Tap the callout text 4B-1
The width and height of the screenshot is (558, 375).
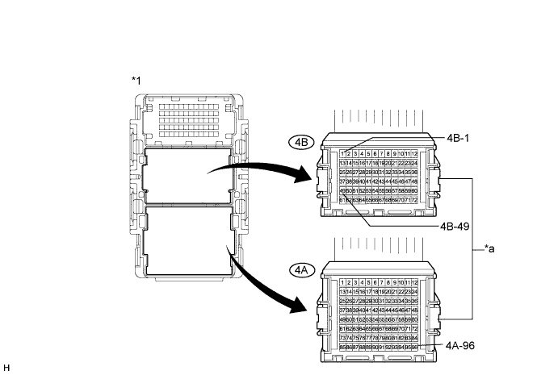coord(457,138)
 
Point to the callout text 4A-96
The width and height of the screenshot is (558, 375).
coord(460,344)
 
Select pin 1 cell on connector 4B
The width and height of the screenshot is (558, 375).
coord(343,153)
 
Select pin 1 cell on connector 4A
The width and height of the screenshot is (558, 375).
coord(343,281)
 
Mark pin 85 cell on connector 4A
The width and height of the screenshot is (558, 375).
coord(343,347)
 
